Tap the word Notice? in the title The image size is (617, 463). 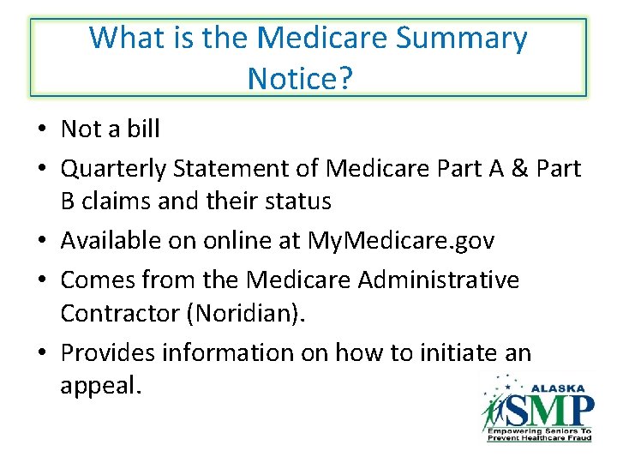[300, 79]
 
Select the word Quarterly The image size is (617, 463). [116, 169]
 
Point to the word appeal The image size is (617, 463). [99, 385]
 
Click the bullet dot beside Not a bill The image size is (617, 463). [40, 130]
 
